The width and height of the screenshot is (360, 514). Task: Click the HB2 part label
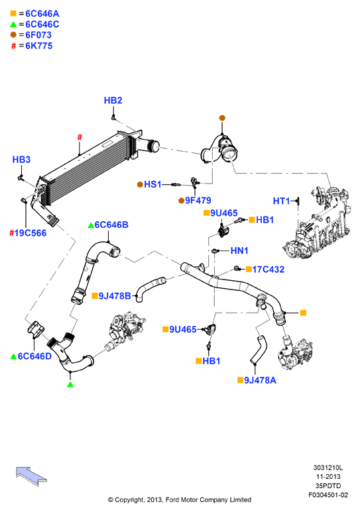(113, 100)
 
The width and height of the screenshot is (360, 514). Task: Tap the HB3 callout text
(21, 160)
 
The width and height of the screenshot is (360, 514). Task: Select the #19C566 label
(29, 233)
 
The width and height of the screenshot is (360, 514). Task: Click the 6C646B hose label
(111, 225)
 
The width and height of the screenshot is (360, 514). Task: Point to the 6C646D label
(34, 356)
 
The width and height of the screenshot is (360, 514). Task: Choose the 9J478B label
(115, 296)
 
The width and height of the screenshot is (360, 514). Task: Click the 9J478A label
(261, 380)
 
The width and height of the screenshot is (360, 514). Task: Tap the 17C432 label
(269, 270)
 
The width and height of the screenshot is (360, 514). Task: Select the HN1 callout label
(239, 251)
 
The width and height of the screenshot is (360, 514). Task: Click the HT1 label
(282, 201)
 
